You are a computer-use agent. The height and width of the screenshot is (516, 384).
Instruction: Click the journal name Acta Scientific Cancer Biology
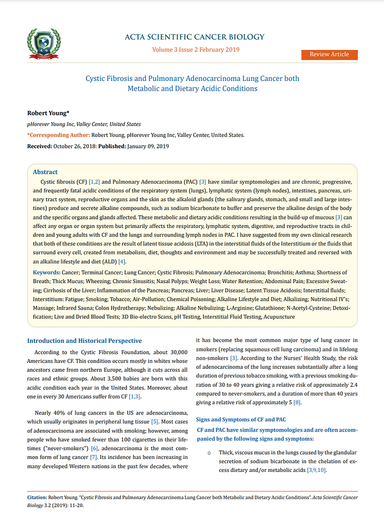pos(195,37)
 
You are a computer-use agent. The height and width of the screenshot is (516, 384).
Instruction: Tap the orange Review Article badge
pos(329,54)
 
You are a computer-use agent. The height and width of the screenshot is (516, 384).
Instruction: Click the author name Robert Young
pos(45,113)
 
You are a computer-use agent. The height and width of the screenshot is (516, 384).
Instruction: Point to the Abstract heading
pos(45,172)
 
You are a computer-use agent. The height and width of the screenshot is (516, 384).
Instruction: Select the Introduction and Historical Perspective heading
pos(84,341)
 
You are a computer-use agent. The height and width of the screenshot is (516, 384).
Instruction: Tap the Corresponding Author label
pos(58,135)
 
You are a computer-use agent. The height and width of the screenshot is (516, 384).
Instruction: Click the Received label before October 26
pos(40,147)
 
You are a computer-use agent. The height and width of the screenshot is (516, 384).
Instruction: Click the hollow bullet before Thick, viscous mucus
pos(209,453)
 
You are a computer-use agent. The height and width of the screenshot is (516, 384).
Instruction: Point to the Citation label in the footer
pos(36,497)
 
